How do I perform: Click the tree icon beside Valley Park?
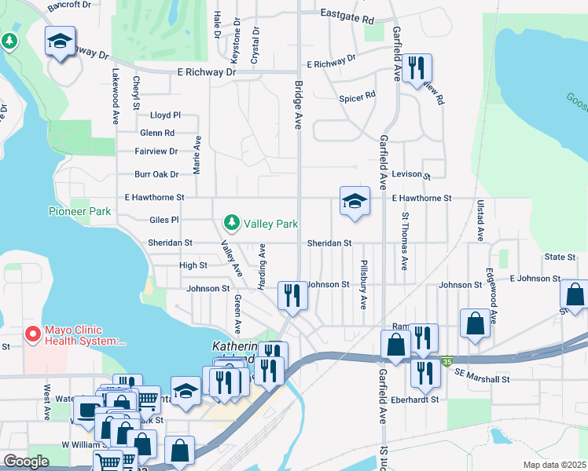pyautogui.click(x=232, y=224)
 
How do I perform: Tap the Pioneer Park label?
pyautogui.click(x=79, y=211)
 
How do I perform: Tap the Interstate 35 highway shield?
pyautogui.click(x=446, y=361)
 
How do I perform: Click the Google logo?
pyautogui.click(x=26, y=462)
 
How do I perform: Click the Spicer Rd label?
pyautogui.click(x=358, y=98)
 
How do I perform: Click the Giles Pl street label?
pyautogui.click(x=164, y=221)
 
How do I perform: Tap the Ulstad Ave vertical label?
pyautogui.click(x=479, y=219)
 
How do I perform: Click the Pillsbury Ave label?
pyautogui.click(x=364, y=284)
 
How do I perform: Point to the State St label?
pyautogui.click(x=560, y=257)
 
